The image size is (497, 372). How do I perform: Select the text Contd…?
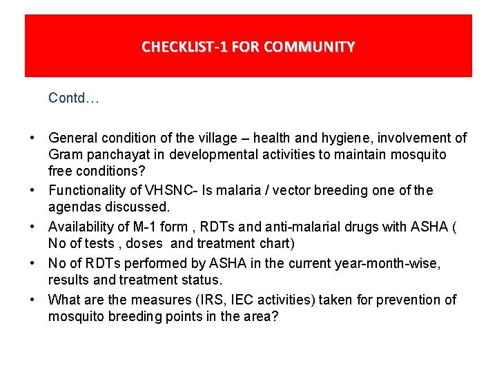click(x=74, y=99)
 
